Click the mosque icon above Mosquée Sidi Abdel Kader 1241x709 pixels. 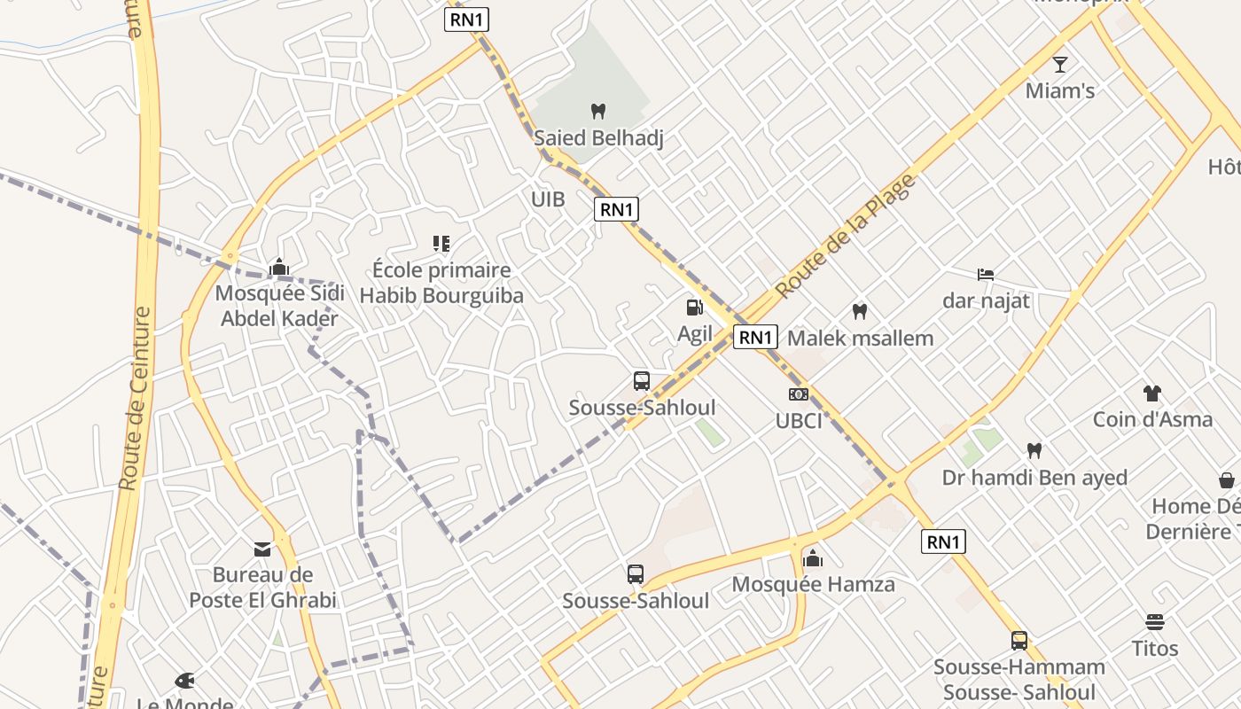click(x=279, y=266)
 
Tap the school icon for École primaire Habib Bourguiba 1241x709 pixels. click(x=441, y=243)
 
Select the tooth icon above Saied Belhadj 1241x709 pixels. click(x=598, y=112)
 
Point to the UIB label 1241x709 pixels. click(x=548, y=199)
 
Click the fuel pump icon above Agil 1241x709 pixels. click(x=695, y=308)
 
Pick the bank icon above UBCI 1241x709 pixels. click(x=799, y=394)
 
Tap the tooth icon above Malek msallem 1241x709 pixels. click(x=859, y=312)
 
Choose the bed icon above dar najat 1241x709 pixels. click(x=986, y=275)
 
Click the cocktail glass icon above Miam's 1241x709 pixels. click(x=1059, y=64)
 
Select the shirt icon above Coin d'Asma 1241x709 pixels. click(x=1151, y=393)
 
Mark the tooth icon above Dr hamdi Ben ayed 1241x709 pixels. click(x=1034, y=450)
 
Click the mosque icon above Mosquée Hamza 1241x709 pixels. click(x=813, y=558)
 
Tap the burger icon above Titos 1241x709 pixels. click(x=1154, y=621)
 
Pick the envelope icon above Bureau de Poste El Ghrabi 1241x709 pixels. click(x=262, y=549)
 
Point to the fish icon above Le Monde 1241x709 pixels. click(x=185, y=681)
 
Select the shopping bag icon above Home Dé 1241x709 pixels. click(x=1227, y=480)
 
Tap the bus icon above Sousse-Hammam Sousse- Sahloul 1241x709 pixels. click(x=1019, y=640)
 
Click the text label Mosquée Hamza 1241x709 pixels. click(x=813, y=585)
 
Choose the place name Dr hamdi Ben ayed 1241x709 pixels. click(x=1034, y=478)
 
